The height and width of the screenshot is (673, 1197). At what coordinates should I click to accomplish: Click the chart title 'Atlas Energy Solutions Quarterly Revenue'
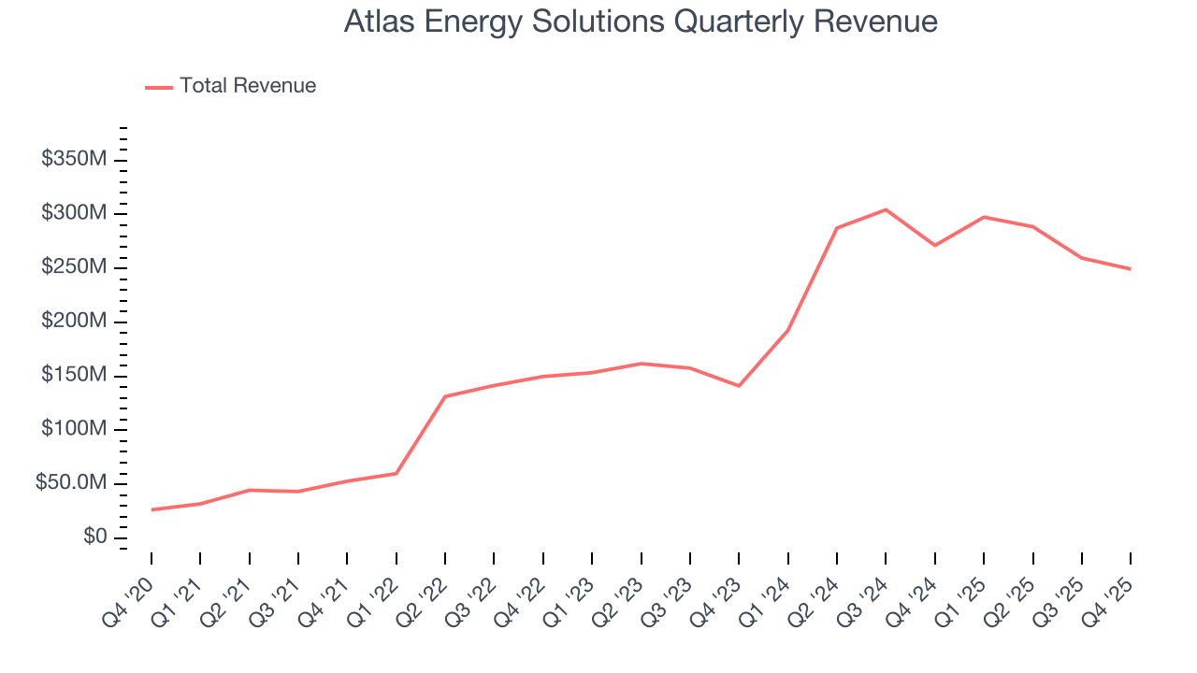tap(641, 21)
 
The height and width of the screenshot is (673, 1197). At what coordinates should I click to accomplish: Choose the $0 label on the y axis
tap(94, 537)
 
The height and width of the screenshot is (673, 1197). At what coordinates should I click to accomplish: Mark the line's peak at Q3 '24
tap(886, 209)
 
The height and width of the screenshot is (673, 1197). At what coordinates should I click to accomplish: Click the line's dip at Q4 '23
tap(739, 385)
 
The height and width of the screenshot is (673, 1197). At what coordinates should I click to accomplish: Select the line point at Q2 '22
tap(445, 396)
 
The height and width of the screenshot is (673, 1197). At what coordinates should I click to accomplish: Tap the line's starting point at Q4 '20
tap(151, 509)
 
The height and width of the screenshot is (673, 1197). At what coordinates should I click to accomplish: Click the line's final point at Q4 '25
tap(1130, 269)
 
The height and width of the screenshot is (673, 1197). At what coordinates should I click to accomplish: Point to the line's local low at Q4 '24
tap(934, 245)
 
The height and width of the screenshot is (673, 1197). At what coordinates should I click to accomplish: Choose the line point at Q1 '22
tap(397, 473)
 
